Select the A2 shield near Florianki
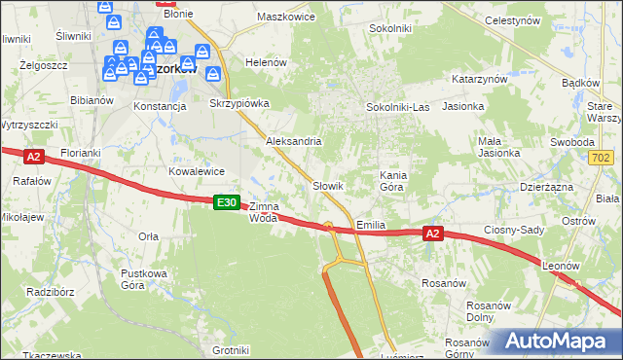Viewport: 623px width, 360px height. pos(33,156)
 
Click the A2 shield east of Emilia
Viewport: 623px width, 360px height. pos(434,234)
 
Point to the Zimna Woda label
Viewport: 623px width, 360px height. pos(264,212)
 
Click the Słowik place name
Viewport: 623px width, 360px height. pos(328,185)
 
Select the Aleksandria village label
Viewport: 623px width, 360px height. pos(294,141)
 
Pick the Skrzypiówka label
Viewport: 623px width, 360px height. pos(239,102)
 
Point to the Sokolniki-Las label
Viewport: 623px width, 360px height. pos(397,106)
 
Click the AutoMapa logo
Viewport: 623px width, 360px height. pos(556,341)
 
